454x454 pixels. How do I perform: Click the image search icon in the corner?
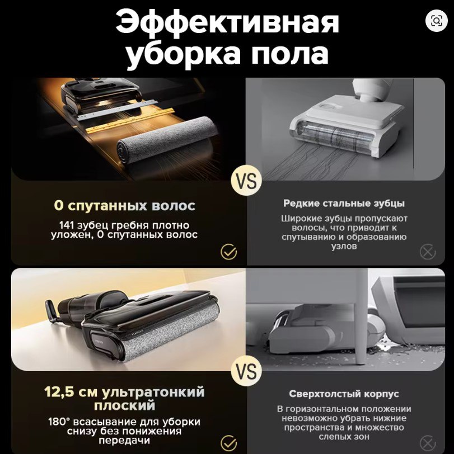point(436,21)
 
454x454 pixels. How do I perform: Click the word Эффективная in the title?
point(227,22)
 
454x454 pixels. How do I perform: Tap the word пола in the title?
point(290,54)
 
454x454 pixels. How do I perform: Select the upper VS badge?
point(246,181)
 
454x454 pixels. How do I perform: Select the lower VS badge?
point(246,371)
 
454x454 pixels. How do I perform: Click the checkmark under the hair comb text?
point(229,252)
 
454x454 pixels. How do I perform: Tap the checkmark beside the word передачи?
point(229,443)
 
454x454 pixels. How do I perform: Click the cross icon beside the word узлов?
point(428,252)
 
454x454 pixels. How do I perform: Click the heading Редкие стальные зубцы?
point(344,204)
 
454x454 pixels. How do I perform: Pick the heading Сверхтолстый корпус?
point(344,394)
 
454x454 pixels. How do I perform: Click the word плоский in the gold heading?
point(125,405)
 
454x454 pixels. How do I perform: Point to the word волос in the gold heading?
point(174,206)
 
